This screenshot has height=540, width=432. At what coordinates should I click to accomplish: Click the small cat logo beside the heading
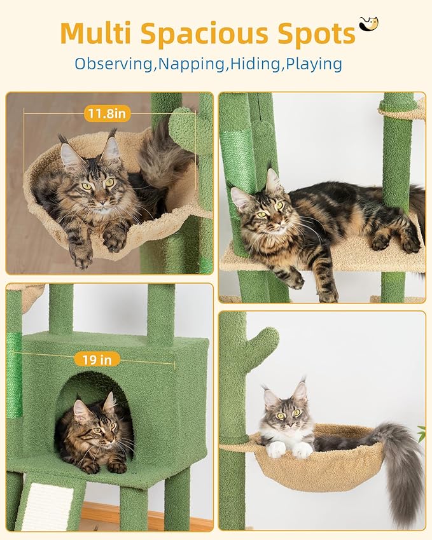pos(368,24)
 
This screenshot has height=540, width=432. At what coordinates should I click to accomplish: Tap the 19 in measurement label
pos(97,359)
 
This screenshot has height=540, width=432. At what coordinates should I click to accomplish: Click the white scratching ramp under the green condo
pos(47,506)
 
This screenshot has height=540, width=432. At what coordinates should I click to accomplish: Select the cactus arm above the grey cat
pos(264,347)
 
